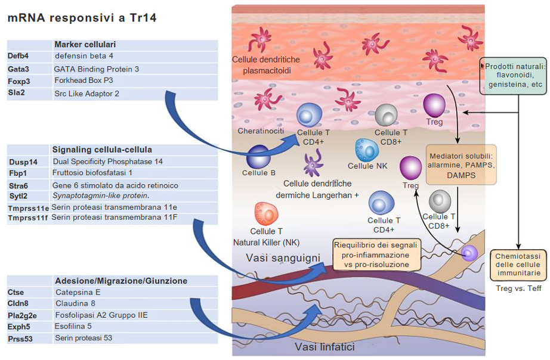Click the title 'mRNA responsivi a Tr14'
82,18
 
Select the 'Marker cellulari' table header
85,45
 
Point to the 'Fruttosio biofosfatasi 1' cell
92,173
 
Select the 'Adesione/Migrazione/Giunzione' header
121,281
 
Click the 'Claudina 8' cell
76,304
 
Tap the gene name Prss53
21,339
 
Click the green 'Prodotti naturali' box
515,76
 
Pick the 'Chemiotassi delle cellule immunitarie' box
518,265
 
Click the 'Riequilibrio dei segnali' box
375,254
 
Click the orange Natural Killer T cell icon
266,213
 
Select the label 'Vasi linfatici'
325,347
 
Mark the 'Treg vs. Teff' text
518,288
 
